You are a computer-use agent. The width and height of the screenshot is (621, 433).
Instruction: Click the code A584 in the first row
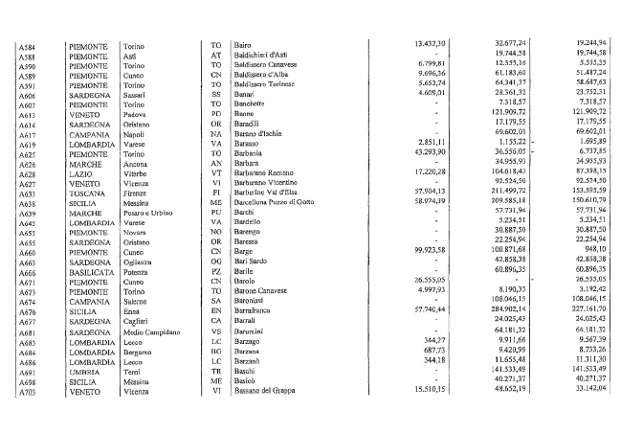[31, 45]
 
